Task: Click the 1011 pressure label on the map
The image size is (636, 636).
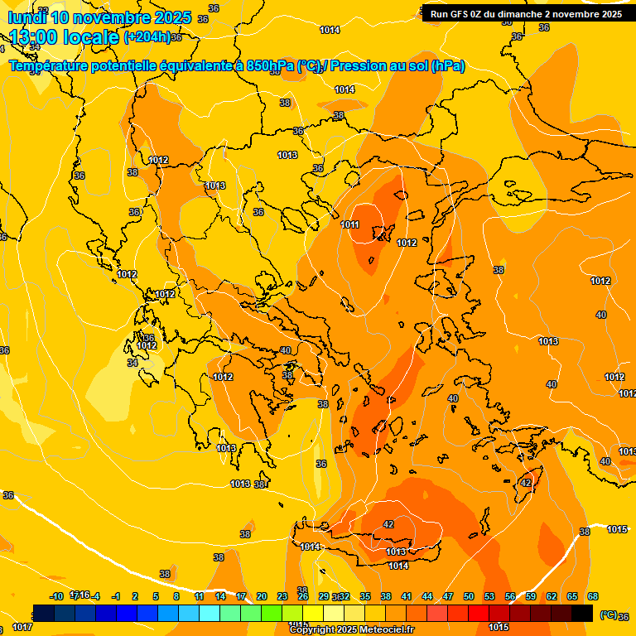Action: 349,224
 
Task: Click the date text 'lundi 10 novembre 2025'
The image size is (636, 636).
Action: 99,17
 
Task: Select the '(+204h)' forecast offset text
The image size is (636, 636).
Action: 147,37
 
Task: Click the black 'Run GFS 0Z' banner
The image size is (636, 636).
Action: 526,14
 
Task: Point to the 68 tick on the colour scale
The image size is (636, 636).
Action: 593,596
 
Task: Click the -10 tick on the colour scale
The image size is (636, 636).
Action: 56,596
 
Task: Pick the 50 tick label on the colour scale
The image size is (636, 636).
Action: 469,596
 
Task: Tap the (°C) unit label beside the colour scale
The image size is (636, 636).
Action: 608,614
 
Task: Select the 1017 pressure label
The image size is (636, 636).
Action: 22,627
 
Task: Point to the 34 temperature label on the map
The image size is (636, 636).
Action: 132,363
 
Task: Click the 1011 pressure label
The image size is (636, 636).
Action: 349,224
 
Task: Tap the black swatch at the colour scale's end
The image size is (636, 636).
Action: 582,613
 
